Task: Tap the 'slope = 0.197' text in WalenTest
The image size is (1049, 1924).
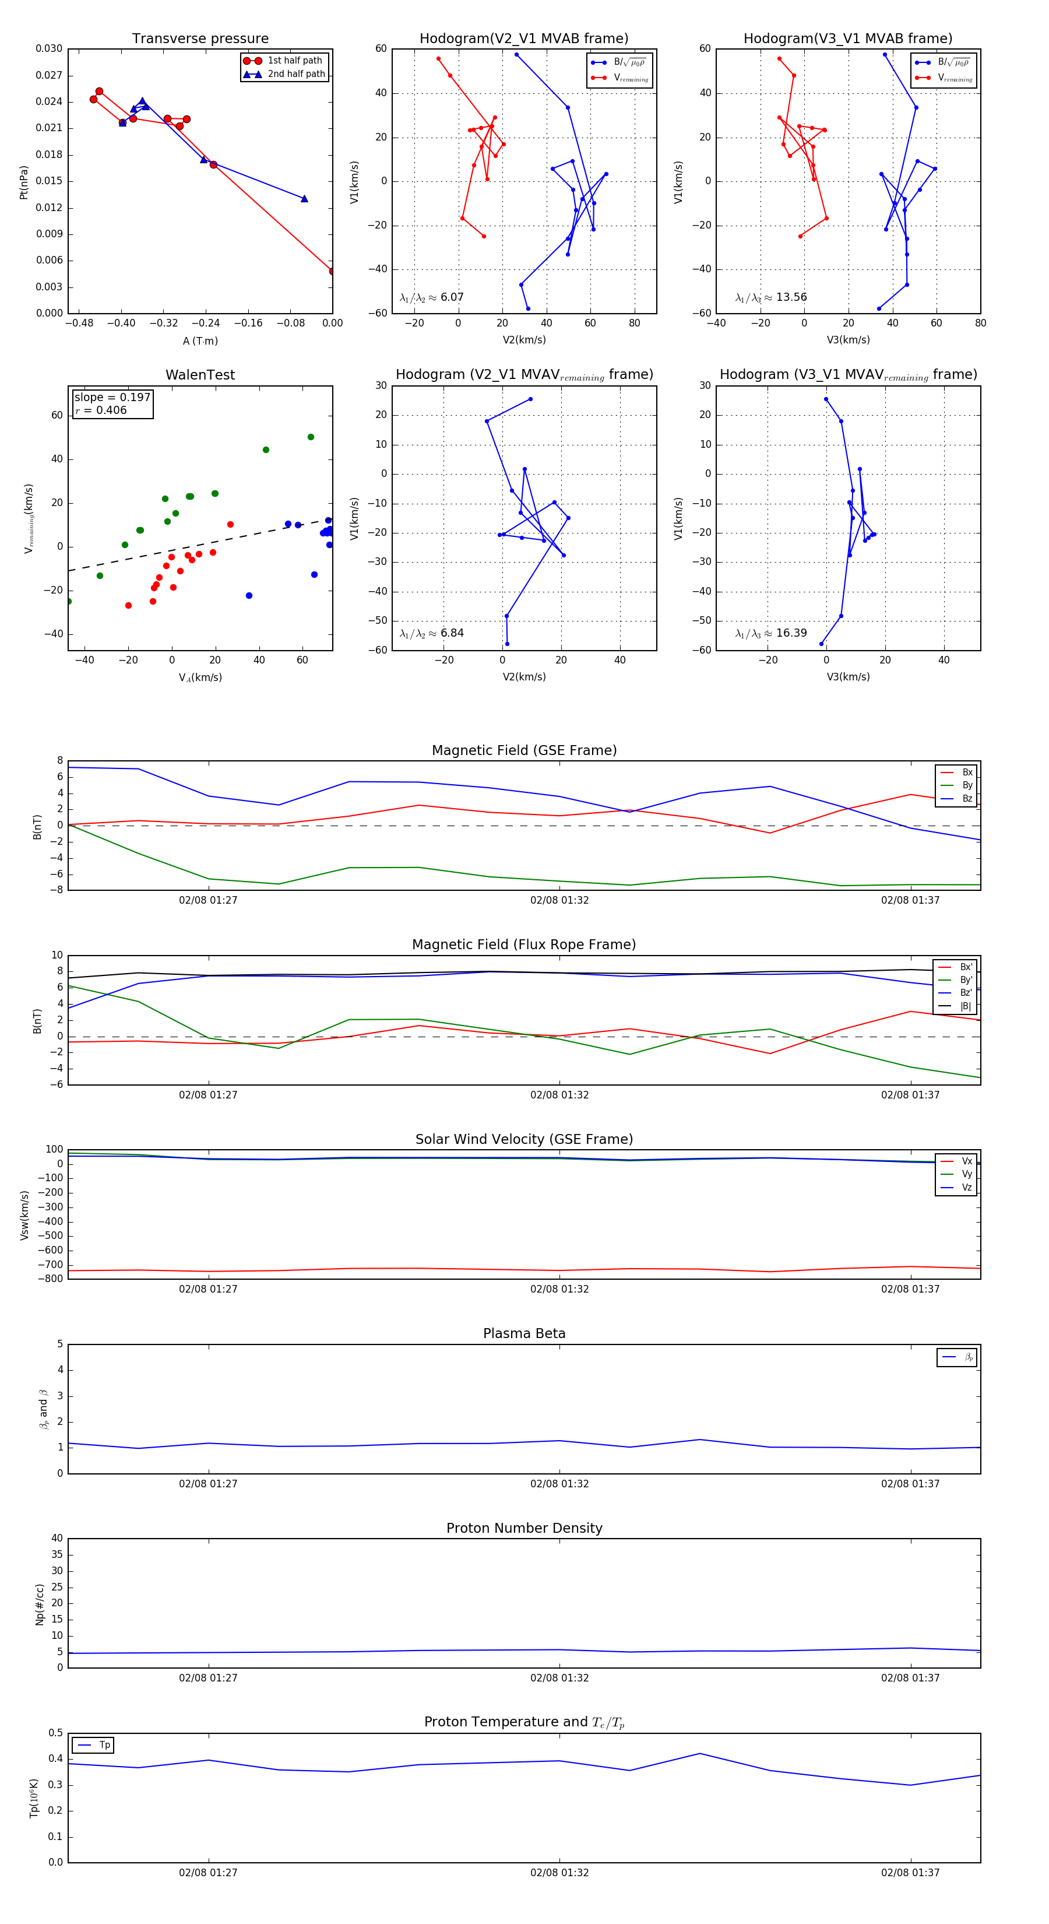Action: [x=112, y=398]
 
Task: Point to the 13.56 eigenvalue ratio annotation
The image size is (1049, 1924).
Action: [x=771, y=297]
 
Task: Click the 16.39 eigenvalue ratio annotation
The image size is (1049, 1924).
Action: [x=771, y=633]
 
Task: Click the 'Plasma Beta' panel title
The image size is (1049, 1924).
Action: [x=524, y=1333]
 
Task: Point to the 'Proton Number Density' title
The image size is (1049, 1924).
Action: [x=524, y=1528]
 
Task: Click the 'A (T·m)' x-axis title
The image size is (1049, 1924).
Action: [x=200, y=340]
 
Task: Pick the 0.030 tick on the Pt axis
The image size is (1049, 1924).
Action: [x=50, y=48]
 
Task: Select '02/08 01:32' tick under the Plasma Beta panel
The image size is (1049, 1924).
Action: [x=559, y=1483]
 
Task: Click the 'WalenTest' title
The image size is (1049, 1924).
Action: [x=200, y=375]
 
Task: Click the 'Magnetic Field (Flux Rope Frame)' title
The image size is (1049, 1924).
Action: [x=524, y=945]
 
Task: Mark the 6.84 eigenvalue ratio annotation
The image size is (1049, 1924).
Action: [x=432, y=633]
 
